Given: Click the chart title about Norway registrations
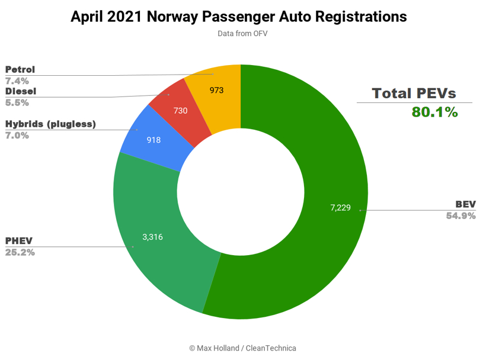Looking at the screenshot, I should [239, 17].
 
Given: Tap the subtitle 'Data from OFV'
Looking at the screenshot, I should [242, 34].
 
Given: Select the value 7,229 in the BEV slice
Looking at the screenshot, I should [341, 208].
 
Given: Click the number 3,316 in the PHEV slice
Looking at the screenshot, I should [152, 237].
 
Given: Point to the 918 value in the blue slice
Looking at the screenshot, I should [153, 140].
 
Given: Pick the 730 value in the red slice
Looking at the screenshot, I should [181, 110].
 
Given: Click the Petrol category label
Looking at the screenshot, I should [20, 70].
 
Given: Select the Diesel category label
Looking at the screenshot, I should [21, 91].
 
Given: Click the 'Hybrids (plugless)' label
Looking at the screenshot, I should [50, 124].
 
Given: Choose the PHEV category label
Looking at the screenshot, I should [19, 241].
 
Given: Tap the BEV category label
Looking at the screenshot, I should [465, 205].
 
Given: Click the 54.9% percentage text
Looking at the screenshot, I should [461, 216].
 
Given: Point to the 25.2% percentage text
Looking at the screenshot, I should [20, 252].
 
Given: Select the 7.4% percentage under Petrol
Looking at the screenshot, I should [17, 81].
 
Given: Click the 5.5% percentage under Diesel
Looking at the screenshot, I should [17, 102].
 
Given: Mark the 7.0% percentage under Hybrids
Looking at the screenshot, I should [17, 135].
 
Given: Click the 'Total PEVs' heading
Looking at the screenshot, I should [414, 93].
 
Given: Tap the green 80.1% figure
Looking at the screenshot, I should [434, 112].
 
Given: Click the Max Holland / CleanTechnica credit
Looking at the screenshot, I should [242, 348].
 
